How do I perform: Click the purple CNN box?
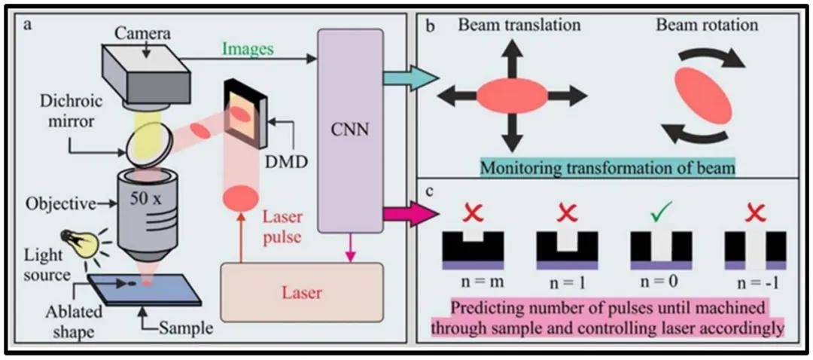[351, 131]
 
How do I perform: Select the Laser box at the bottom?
[303, 293]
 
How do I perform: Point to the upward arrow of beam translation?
[513, 59]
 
